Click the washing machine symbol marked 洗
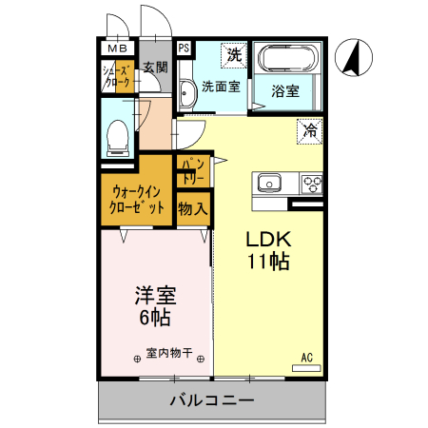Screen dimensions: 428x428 coord(233,55)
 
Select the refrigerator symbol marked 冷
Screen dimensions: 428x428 coord(309,130)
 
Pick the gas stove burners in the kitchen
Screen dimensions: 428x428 coord(310,183)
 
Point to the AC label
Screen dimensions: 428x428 coord(307,357)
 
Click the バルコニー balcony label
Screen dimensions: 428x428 coord(211,400)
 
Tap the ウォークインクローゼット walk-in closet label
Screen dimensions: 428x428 coord(137,199)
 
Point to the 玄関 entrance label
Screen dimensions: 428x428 coord(155,67)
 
